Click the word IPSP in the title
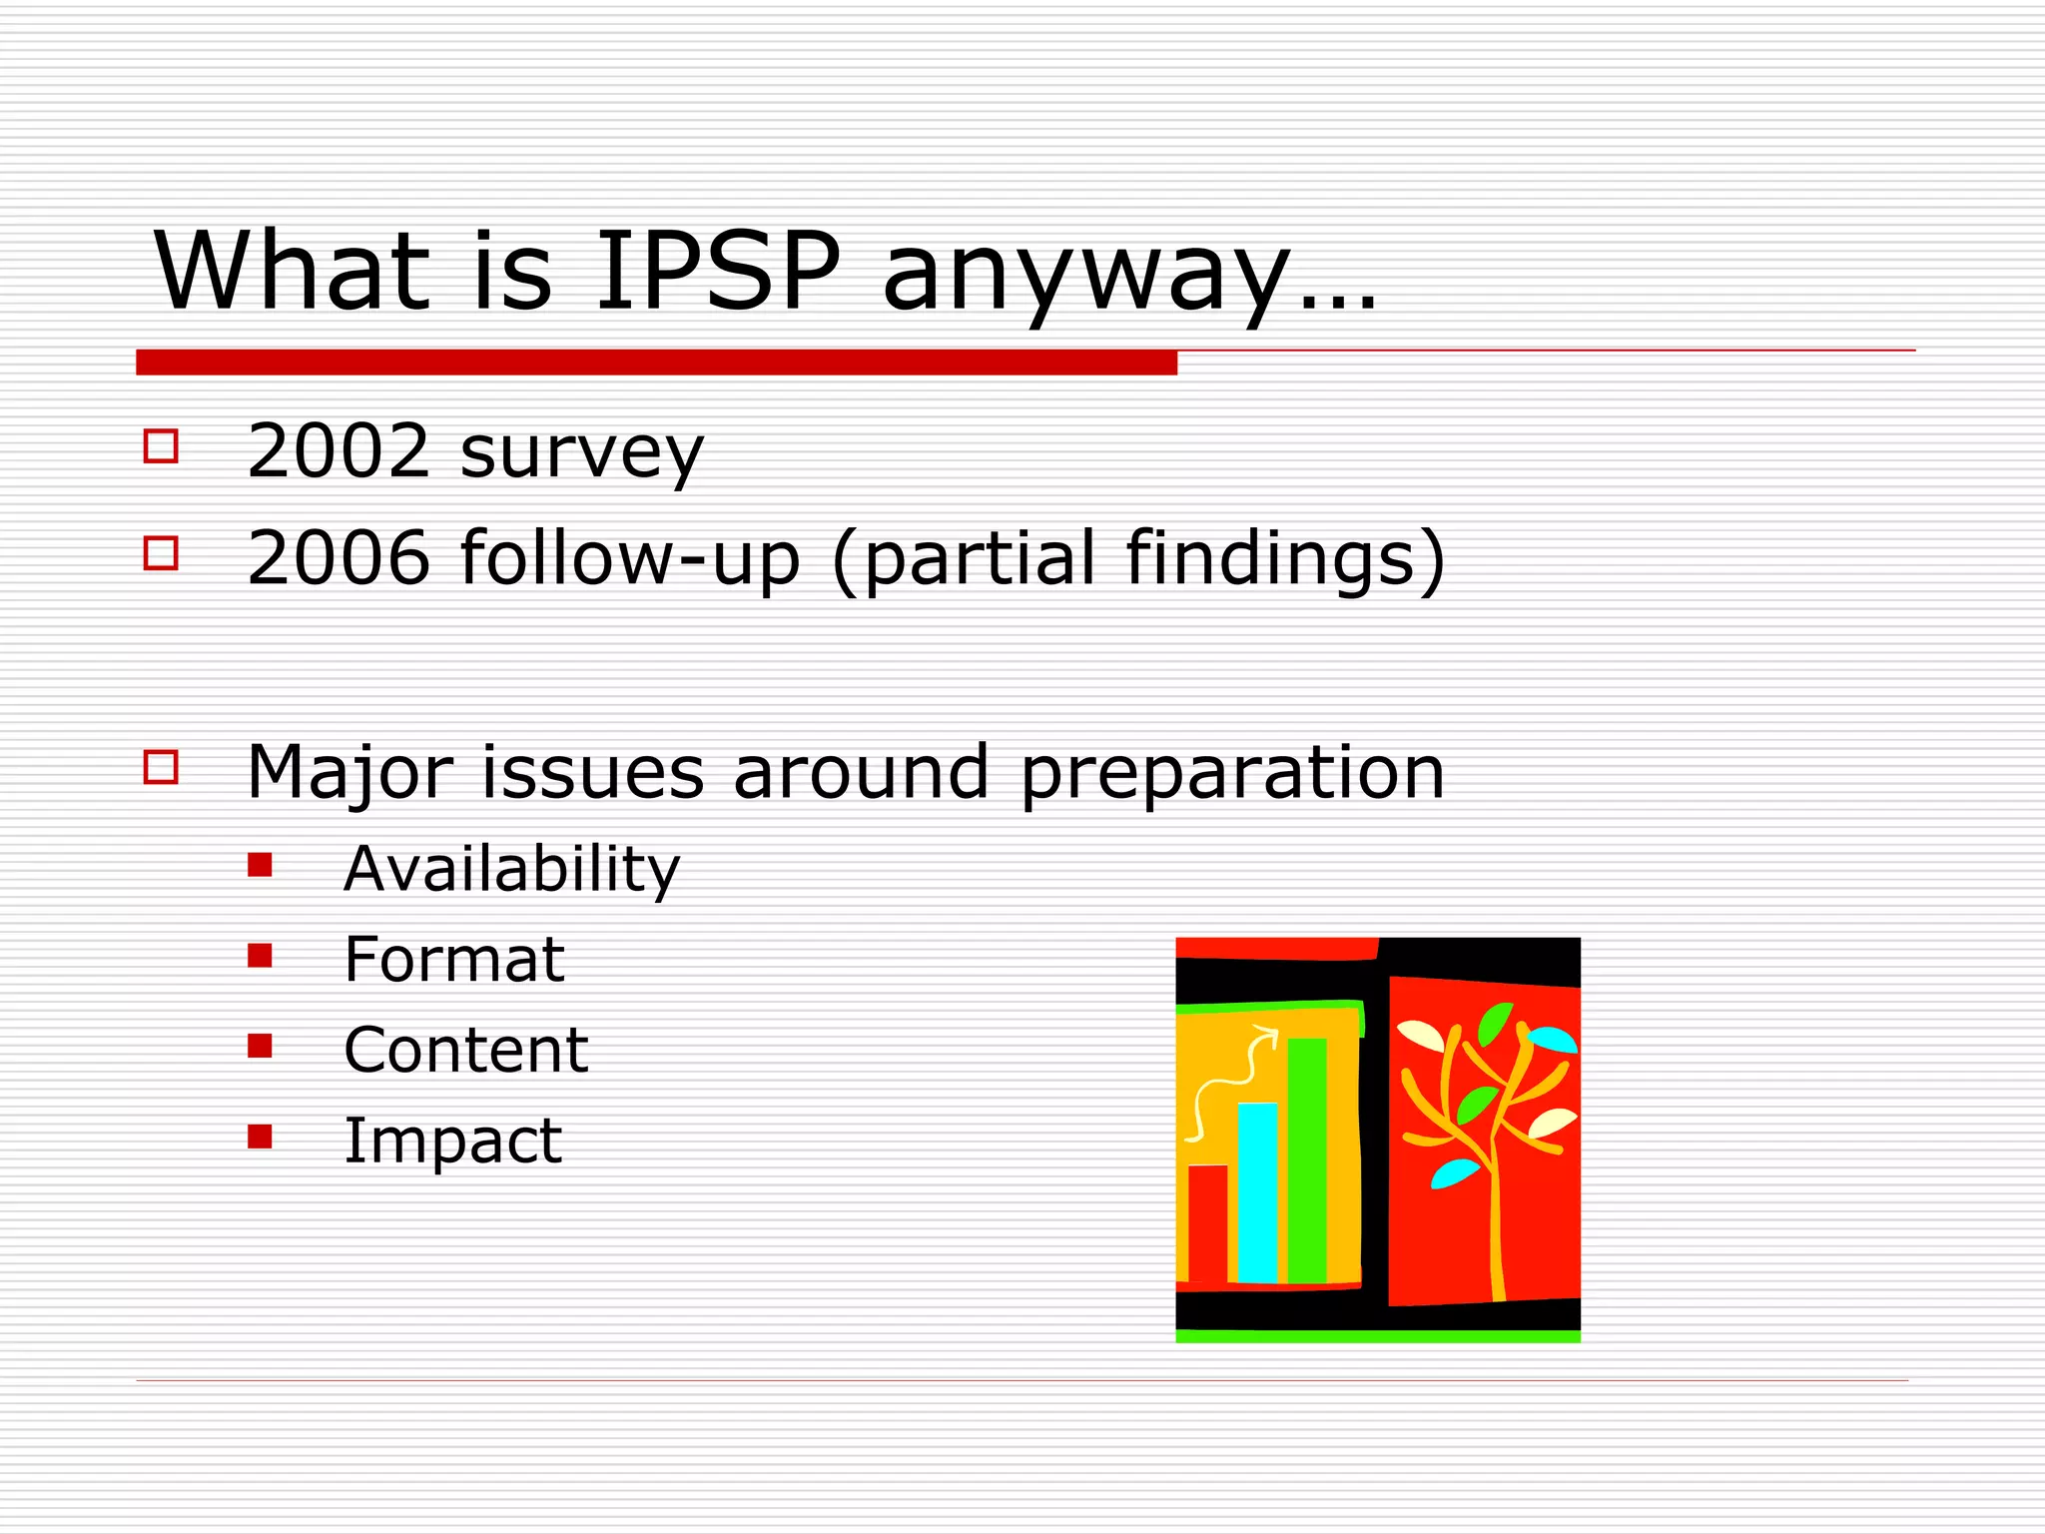(717, 272)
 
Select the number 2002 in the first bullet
(339, 451)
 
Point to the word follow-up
(629, 559)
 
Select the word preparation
(1232, 774)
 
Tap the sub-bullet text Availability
(511, 869)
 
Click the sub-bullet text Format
(454, 960)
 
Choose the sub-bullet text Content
(465, 1051)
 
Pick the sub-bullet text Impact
(452, 1141)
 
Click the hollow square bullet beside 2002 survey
(161, 445)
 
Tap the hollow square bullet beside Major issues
(161, 767)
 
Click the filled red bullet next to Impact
(260, 1137)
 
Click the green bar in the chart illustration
(1307, 1158)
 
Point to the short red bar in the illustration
(1207, 1222)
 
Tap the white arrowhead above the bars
(1268, 1035)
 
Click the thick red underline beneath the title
(656, 363)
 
